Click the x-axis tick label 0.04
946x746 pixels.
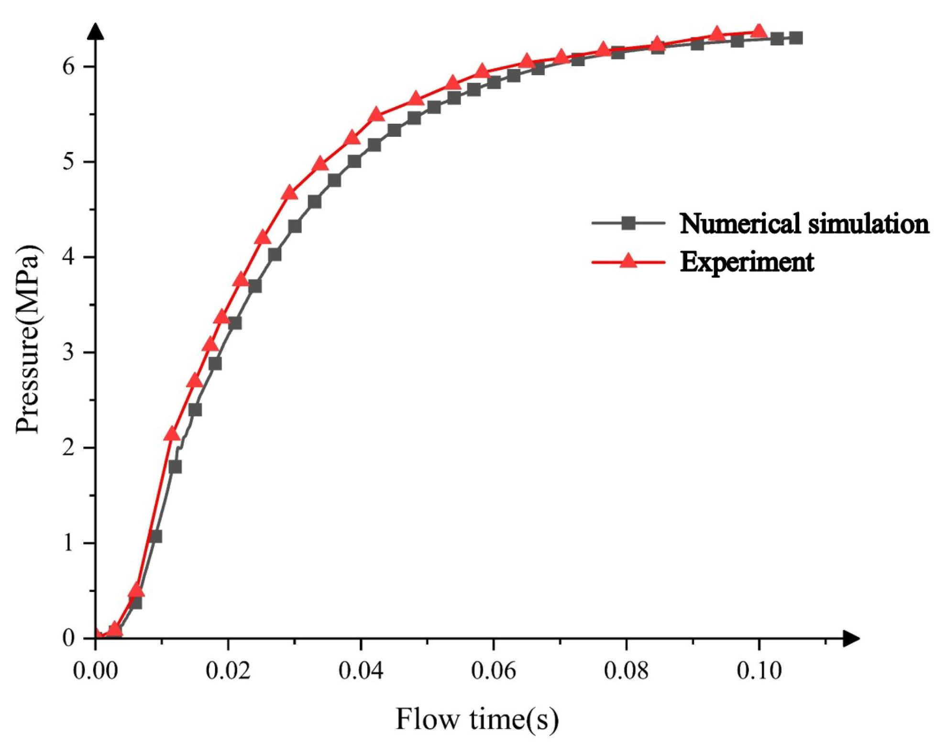click(361, 671)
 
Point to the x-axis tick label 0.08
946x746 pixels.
click(626, 671)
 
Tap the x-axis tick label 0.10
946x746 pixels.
click(759, 671)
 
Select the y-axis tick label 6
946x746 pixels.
click(69, 66)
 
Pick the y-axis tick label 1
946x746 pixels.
click(69, 543)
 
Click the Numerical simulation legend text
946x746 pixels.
click(803, 223)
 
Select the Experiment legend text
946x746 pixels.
click(747, 262)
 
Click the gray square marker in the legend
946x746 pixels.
click(628, 223)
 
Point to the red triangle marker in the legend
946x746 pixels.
click(628, 261)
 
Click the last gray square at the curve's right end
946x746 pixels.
click(795, 38)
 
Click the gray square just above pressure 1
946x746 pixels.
click(155, 537)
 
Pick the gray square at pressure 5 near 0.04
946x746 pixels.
click(354, 161)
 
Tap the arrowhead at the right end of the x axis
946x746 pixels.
click(851, 638)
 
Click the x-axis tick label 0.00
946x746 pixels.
click(95, 671)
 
